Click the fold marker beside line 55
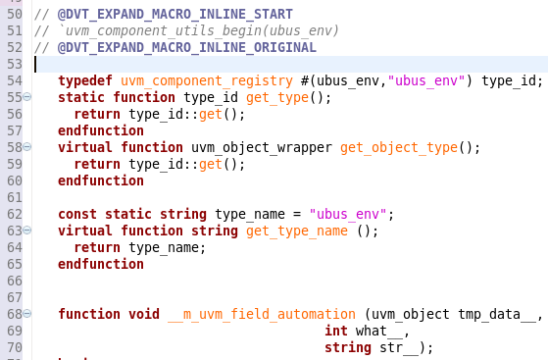click(x=26, y=98)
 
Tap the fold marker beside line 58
click(x=26, y=148)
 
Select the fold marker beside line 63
click(x=26, y=231)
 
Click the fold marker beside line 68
click(x=26, y=315)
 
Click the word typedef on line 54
click(x=85, y=80)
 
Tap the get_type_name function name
click(x=296, y=231)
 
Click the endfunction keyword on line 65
click(x=101, y=264)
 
